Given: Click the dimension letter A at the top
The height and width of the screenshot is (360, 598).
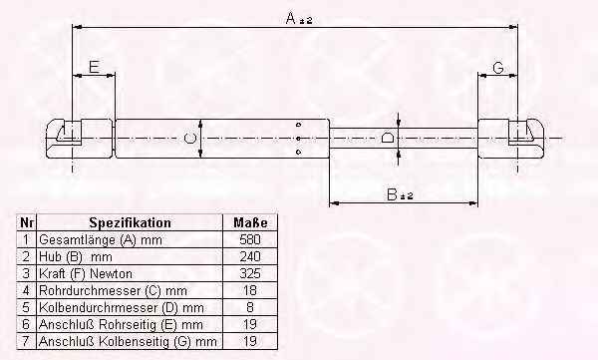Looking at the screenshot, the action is coord(291,18).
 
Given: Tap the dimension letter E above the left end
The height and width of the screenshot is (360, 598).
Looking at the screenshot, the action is coord(95,67).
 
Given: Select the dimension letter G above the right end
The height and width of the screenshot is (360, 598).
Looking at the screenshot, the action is coord(498,68).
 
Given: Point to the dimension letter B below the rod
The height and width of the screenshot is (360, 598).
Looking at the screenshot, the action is coord(392,194).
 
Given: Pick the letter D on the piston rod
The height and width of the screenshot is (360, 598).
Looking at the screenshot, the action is coord(388,138).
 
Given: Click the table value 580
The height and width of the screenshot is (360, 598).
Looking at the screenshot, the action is coord(250,239).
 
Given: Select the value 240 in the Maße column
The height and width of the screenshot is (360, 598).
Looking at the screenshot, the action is coord(250,256).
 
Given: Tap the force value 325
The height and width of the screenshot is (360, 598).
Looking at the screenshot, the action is coord(250,273).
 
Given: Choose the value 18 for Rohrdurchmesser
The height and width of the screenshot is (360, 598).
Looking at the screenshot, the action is coord(250,290).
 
